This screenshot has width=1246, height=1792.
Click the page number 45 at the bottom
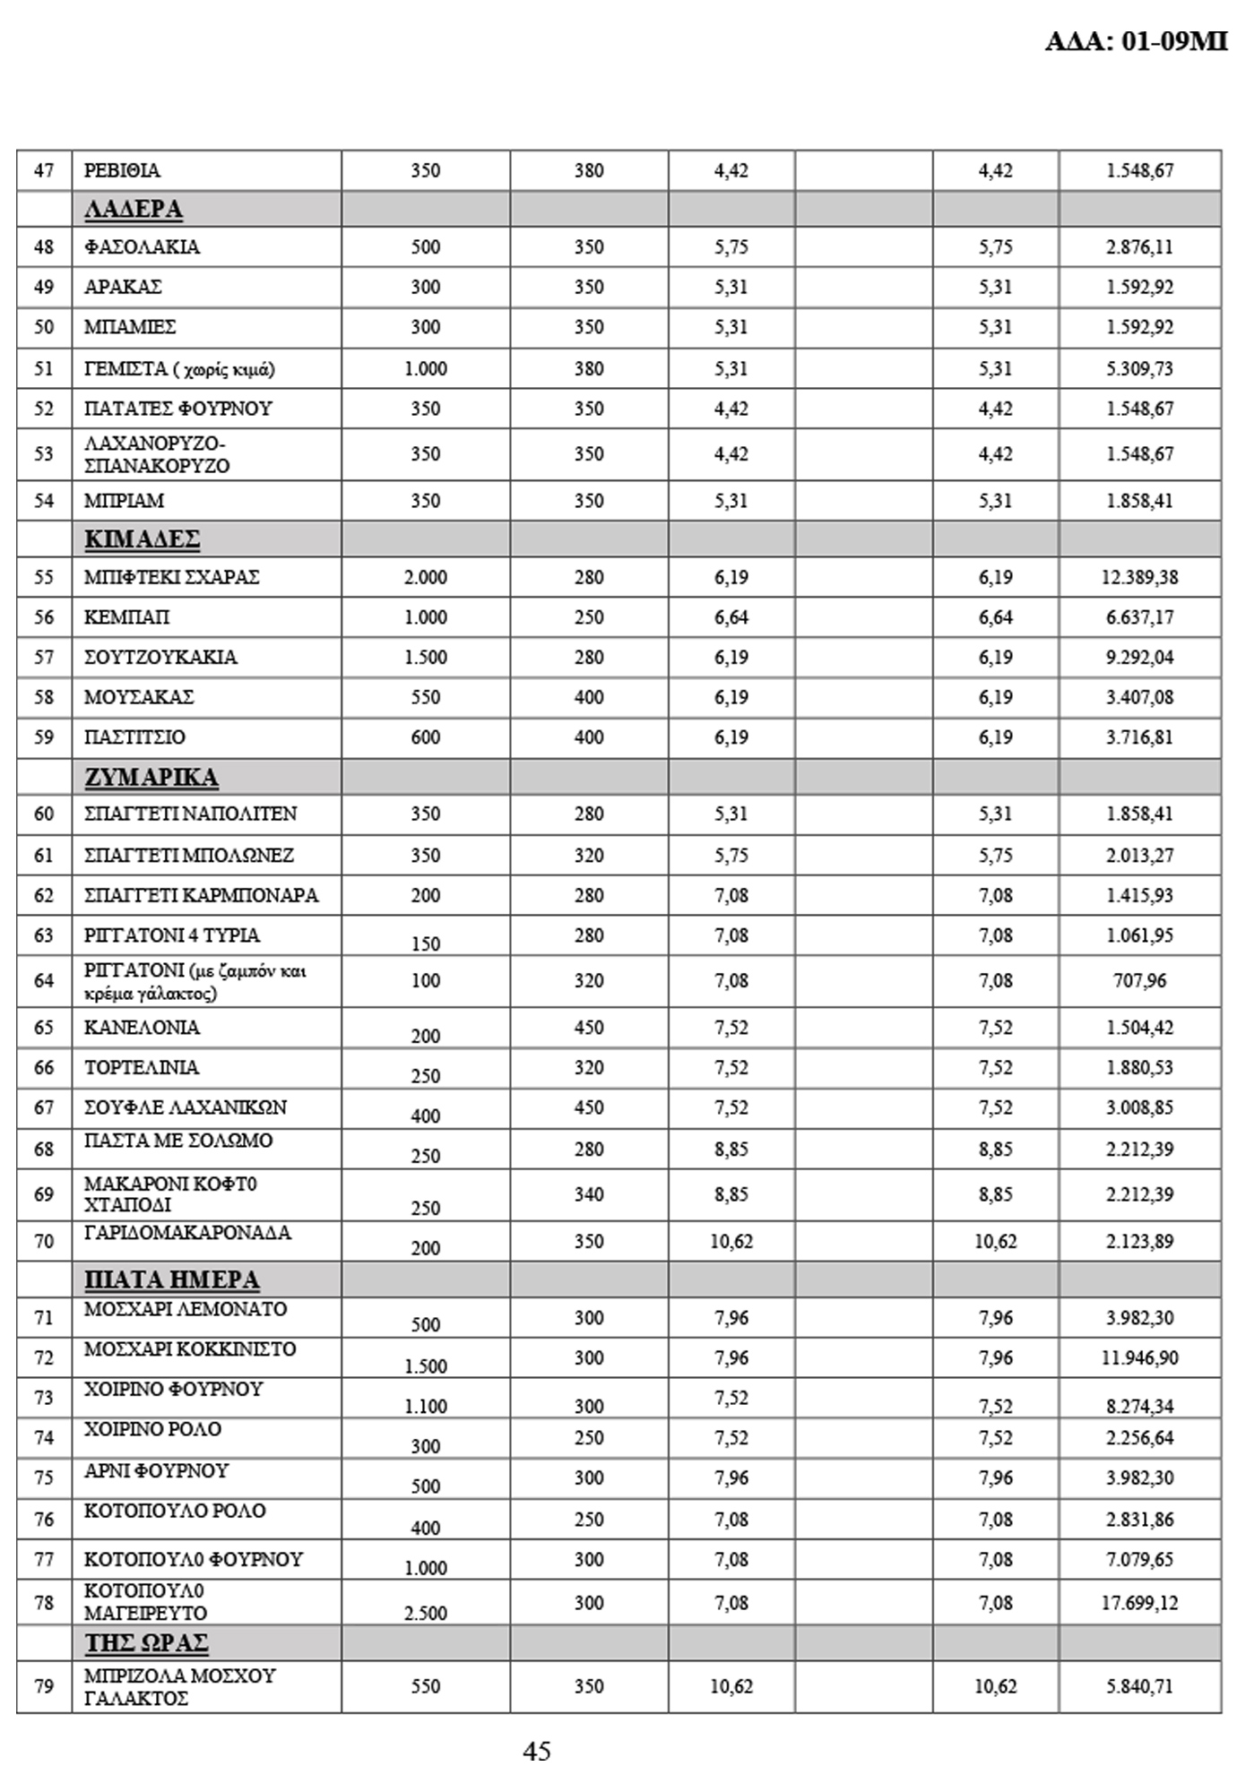[x=537, y=1750]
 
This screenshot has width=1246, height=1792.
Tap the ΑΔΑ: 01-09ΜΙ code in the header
[x=1136, y=41]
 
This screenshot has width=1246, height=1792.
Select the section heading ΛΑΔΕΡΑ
[x=134, y=209]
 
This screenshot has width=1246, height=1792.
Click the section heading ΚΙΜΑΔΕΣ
[x=142, y=539]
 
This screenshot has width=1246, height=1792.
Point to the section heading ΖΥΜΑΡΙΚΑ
[x=151, y=776]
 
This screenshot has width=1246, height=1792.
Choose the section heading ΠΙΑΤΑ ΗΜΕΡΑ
[x=171, y=1279]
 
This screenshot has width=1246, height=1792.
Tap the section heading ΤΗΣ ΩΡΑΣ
[x=146, y=1642]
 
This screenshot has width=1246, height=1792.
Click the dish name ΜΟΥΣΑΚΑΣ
[x=139, y=697]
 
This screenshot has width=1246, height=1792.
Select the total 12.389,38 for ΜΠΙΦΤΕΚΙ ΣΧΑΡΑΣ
[x=1139, y=577]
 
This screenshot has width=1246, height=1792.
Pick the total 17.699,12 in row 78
[x=1139, y=1603]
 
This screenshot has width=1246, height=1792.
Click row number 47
[x=44, y=170]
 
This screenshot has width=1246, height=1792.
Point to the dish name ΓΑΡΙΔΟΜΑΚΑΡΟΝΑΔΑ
[x=187, y=1233]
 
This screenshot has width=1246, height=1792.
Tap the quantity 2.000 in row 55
[x=425, y=577]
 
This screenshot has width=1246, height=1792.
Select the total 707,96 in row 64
[x=1139, y=980]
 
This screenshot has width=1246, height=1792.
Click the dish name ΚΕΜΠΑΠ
[x=126, y=617]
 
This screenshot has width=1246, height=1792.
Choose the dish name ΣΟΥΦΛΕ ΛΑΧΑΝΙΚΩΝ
[x=186, y=1107]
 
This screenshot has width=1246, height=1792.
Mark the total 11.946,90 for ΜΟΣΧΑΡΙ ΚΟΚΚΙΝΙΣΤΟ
[x=1139, y=1357]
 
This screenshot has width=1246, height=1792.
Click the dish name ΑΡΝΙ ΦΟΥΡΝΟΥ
[x=156, y=1471]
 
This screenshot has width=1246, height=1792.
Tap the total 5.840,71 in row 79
[x=1139, y=1686]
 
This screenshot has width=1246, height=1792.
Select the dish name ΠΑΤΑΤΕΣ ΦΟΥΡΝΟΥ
[x=177, y=409]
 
